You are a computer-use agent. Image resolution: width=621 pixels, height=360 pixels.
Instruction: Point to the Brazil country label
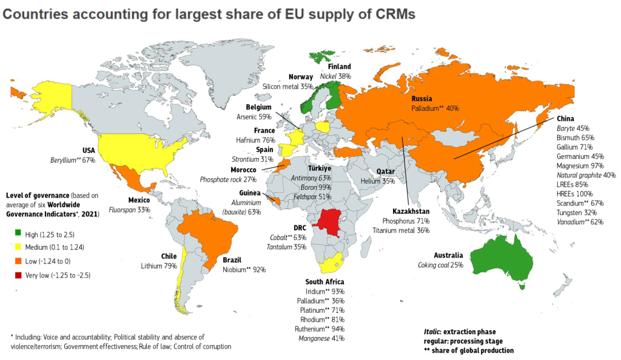(232, 259)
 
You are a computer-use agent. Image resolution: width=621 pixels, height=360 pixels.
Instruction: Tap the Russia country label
(421, 99)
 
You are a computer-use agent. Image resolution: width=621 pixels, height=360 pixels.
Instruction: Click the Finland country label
(340, 67)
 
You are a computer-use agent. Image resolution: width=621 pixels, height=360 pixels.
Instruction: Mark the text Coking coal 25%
(441, 265)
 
